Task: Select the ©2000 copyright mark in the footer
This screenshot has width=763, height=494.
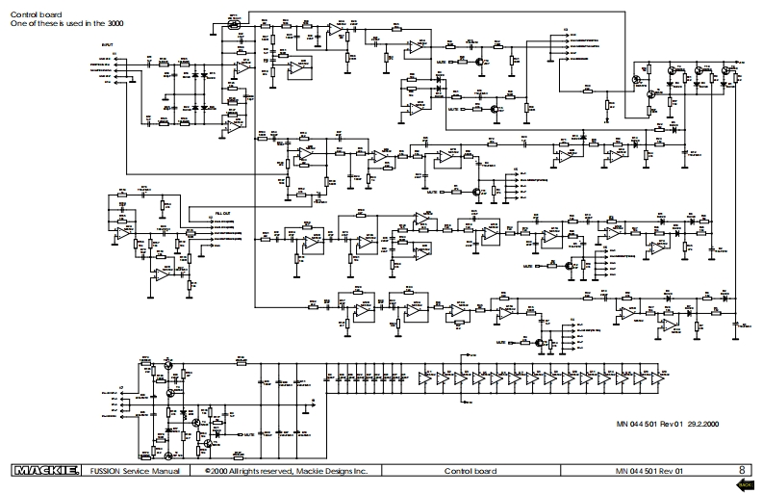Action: click(217, 471)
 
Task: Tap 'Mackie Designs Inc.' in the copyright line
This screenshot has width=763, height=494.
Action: click(332, 471)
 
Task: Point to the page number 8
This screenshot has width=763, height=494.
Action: click(741, 471)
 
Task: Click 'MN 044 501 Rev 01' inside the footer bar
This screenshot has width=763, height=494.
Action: click(649, 471)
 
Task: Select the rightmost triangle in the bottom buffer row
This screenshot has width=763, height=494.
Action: click(661, 379)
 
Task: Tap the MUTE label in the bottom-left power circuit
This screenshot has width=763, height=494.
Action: click(248, 435)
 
